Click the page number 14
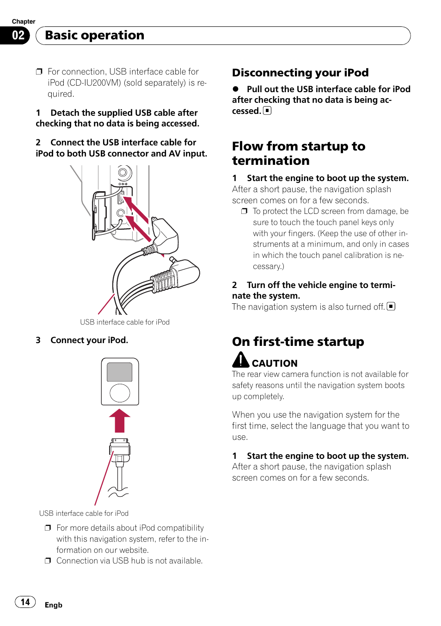[25, 602]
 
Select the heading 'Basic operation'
[95, 36]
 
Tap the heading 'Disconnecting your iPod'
[300, 73]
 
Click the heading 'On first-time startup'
[298, 342]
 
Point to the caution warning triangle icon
[240, 360]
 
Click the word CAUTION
[275, 363]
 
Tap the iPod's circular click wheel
[120, 393]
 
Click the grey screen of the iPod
[120, 372]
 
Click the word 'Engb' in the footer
[54, 605]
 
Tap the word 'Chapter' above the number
[24, 21]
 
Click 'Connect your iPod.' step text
[89, 340]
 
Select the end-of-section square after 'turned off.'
[391, 306]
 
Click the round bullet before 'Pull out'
[235, 89]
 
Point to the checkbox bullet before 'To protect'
[244, 211]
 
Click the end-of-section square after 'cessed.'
[267, 111]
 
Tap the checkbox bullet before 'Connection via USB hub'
[48, 561]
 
